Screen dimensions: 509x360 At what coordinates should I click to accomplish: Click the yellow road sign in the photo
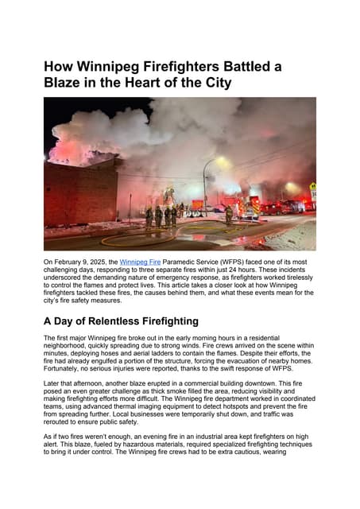coord(312,187)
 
